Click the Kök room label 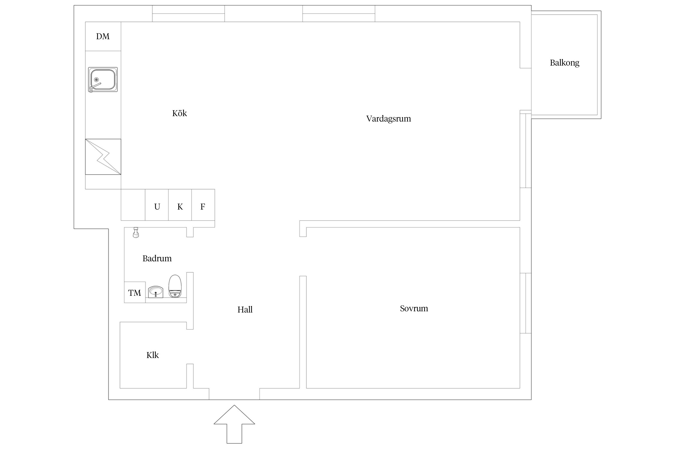pyautogui.click(x=179, y=113)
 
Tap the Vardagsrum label pyautogui.click(x=389, y=119)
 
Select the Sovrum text pyautogui.click(x=414, y=308)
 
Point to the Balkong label pyautogui.click(x=565, y=63)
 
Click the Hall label pyautogui.click(x=245, y=310)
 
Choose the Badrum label pyautogui.click(x=157, y=258)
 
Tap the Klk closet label pyautogui.click(x=152, y=355)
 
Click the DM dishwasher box pyautogui.click(x=103, y=36)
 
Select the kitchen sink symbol pyautogui.click(x=103, y=80)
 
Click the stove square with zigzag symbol pyautogui.click(x=103, y=157)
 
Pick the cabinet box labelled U pyautogui.click(x=157, y=205)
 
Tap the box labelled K pyautogui.click(x=180, y=205)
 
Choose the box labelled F pyautogui.click(x=203, y=205)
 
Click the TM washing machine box pyautogui.click(x=135, y=292)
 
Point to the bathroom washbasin pyautogui.click(x=155, y=292)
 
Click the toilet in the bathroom pyautogui.click(x=175, y=286)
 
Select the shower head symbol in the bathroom pyautogui.click(x=136, y=232)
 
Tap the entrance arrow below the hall pyautogui.click(x=234, y=424)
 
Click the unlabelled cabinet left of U pyautogui.click(x=133, y=205)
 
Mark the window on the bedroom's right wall pyautogui.click(x=526, y=303)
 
